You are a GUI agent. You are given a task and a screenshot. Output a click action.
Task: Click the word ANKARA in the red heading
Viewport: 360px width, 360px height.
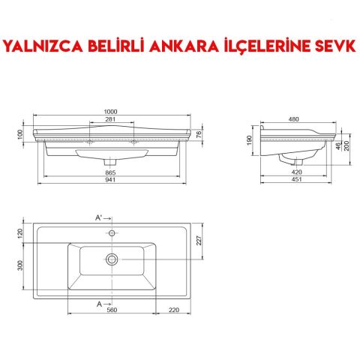coord(184,46)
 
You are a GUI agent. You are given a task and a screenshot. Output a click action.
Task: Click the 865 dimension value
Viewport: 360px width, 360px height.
coord(112,173)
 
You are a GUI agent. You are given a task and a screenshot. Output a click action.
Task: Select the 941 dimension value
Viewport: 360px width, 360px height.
coord(112,181)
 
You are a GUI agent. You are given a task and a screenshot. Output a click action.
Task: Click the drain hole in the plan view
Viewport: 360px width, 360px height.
coord(112,259)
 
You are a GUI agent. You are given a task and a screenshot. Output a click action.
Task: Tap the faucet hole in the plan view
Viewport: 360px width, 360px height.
coord(112,233)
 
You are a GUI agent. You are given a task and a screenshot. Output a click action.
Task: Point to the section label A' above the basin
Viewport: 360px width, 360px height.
coord(98,217)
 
